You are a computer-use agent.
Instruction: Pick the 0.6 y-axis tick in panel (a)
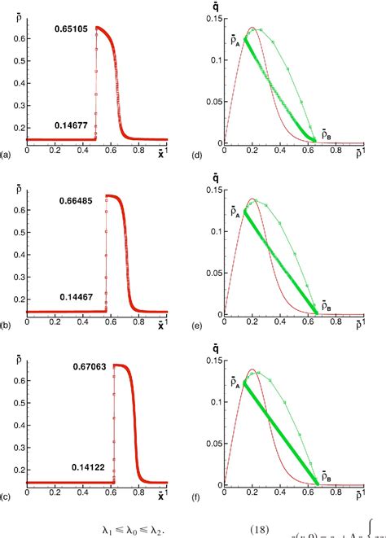tap(19, 37)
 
